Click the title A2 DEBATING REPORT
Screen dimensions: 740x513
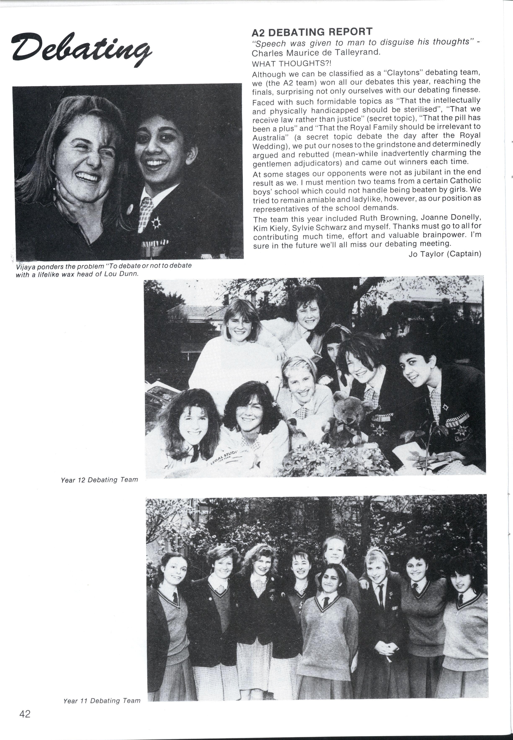(x=312, y=32)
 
